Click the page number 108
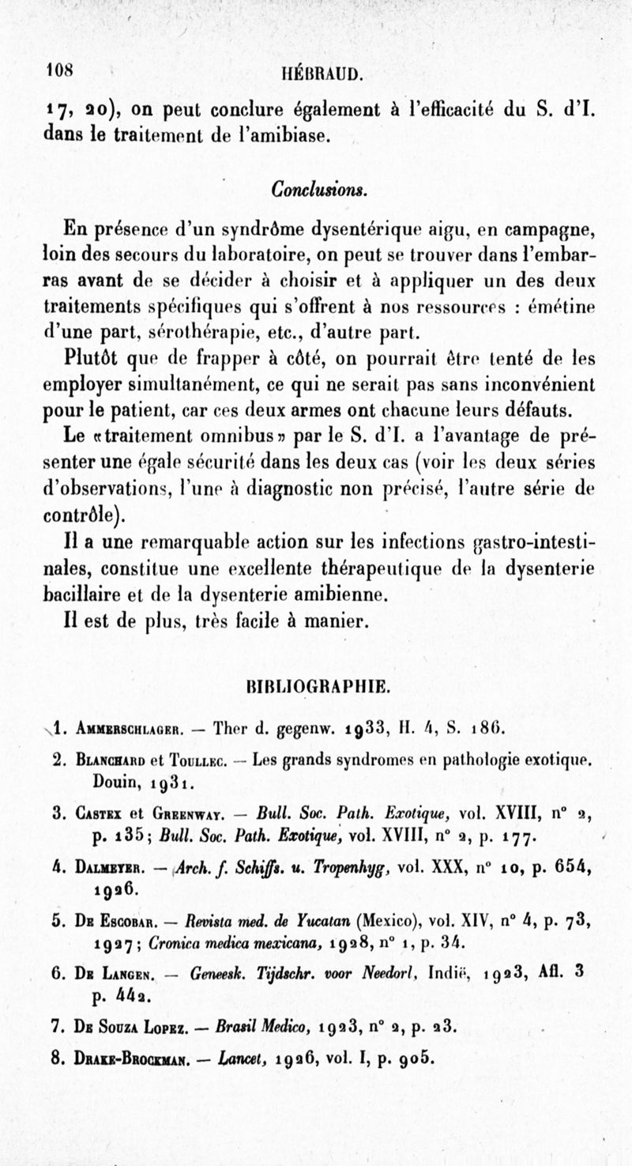click(58, 70)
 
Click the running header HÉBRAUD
click(322, 75)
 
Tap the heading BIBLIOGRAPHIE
click(318, 686)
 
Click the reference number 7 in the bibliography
click(55, 1028)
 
